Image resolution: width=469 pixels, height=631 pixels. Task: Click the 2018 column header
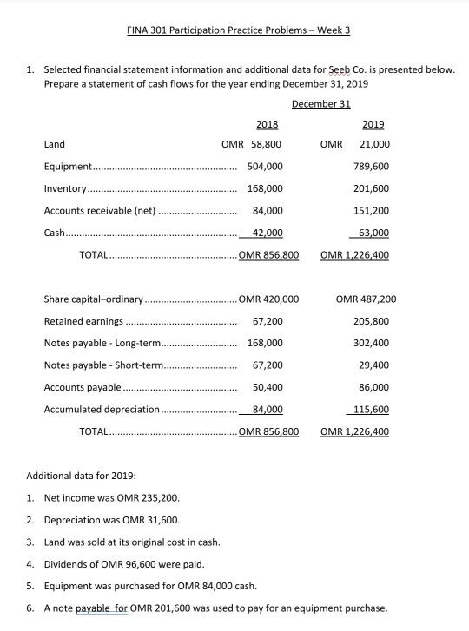coord(268,124)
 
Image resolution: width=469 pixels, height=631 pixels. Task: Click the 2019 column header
coord(373,124)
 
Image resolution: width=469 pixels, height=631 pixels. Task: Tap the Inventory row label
coord(65,188)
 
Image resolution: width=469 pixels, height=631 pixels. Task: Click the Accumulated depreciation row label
coord(102,409)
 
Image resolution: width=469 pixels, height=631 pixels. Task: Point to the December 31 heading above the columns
coord(320,104)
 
